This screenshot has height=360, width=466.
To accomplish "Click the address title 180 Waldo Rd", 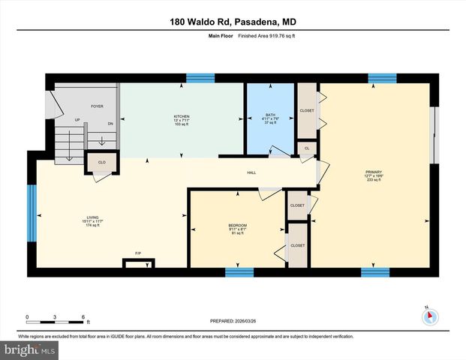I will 233,22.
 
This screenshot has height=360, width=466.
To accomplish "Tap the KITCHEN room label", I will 182,117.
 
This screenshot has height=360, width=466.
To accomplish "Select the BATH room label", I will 270,115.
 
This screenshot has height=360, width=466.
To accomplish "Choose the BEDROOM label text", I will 237,226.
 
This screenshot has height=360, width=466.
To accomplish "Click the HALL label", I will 252,173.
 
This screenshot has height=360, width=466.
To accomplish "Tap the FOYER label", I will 97,106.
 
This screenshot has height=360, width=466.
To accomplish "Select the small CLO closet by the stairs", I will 101,162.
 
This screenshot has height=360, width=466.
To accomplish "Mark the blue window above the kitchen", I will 200,77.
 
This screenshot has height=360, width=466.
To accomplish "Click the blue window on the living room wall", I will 32,214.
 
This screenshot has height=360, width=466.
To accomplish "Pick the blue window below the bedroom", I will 239,272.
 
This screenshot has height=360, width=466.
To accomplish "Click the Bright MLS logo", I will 29,350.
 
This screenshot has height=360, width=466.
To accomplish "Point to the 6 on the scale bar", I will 83,316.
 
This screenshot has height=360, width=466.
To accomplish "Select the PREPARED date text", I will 233,322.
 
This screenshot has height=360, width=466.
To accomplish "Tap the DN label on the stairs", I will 110,124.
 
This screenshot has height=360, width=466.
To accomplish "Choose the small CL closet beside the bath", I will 308,148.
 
